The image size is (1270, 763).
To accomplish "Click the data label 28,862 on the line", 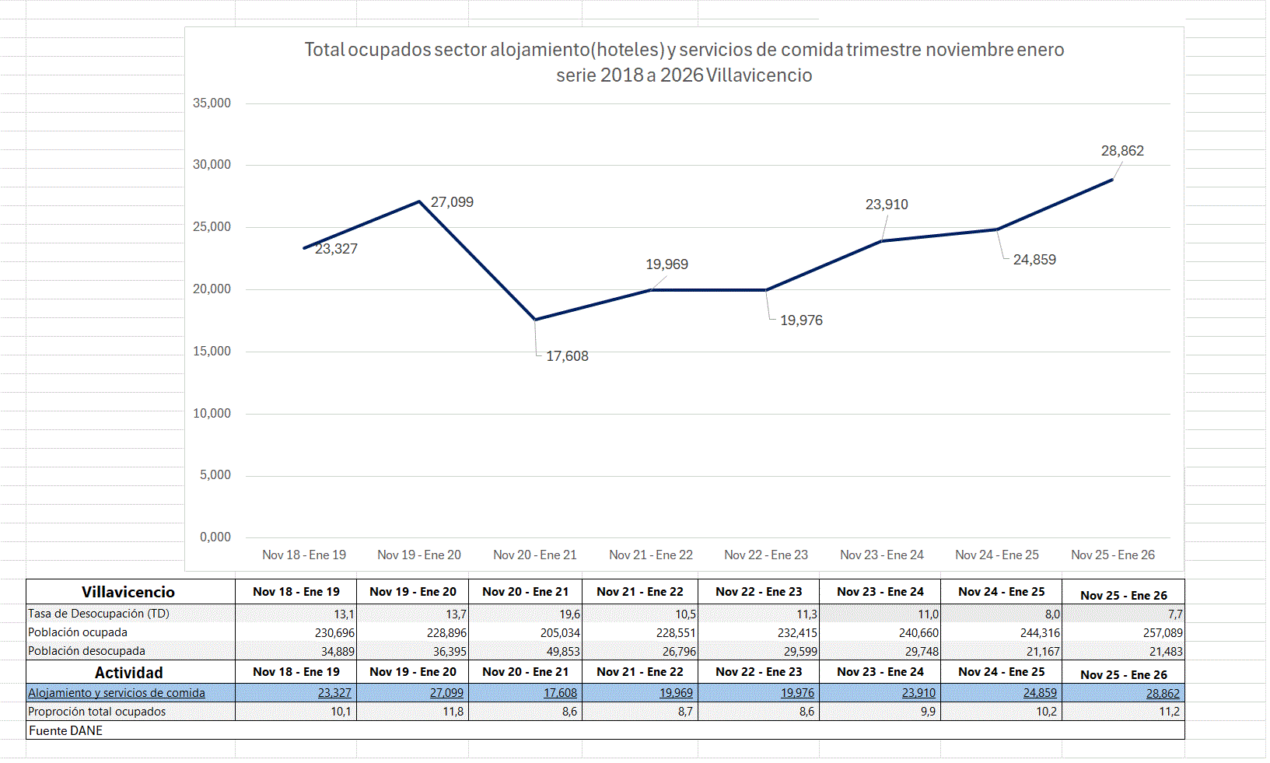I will pyautogui.click(x=1122, y=151).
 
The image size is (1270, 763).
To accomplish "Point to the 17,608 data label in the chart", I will pyautogui.click(x=567, y=356).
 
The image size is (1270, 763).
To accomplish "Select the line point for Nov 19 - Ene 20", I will pyautogui.click(x=419, y=201).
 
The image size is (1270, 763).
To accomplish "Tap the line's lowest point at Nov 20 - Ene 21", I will pyautogui.click(x=535, y=320).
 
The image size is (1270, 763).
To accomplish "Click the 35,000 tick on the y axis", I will pyautogui.click(x=212, y=103).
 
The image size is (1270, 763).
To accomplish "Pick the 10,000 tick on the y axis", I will pyautogui.click(x=212, y=414).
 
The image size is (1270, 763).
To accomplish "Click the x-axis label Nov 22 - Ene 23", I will pyautogui.click(x=766, y=555).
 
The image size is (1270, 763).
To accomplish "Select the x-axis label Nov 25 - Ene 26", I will pyautogui.click(x=1113, y=555).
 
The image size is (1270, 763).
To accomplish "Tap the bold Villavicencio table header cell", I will pyautogui.click(x=128, y=592).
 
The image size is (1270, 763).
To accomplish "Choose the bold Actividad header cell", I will pyautogui.click(x=128, y=673).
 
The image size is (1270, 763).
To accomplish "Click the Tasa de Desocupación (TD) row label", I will pyautogui.click(x=99, y=614).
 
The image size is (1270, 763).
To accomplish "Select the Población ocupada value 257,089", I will pyautogui.click(x=1163, y=633).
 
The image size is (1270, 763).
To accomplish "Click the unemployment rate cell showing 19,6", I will pyautogui.click(x=569, y=614).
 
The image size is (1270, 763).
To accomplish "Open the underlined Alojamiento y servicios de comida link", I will pyautogui.click(x=117, y=693).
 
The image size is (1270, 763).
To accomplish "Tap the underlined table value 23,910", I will pyautogui.click(x=918, y=693).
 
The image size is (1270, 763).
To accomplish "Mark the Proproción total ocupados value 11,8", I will pyautogui.click(x=453, y=712).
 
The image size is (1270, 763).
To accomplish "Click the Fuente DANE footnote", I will pyautogui.click(x=66, y=730).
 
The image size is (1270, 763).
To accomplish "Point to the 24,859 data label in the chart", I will pyautogui.click(x=1034, y=260).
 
